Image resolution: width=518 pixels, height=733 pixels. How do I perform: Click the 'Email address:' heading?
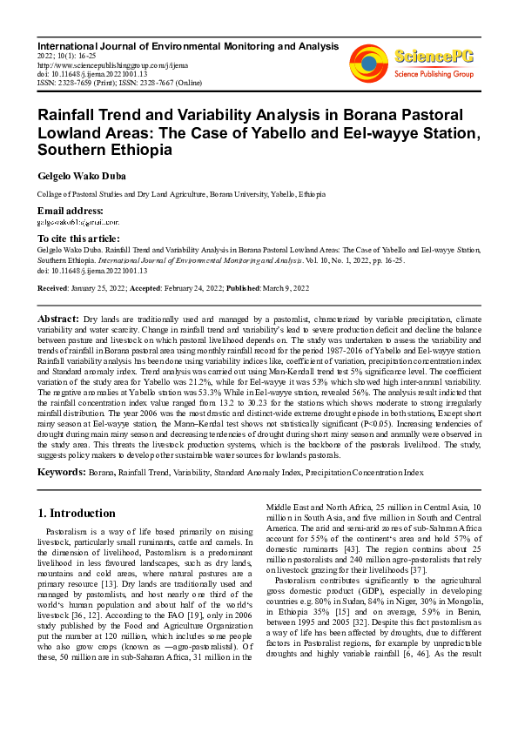pyautogui.click(x=71, y=212)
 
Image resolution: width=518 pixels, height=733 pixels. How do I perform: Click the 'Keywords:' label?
pyautogui.click(x=61, y=471)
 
